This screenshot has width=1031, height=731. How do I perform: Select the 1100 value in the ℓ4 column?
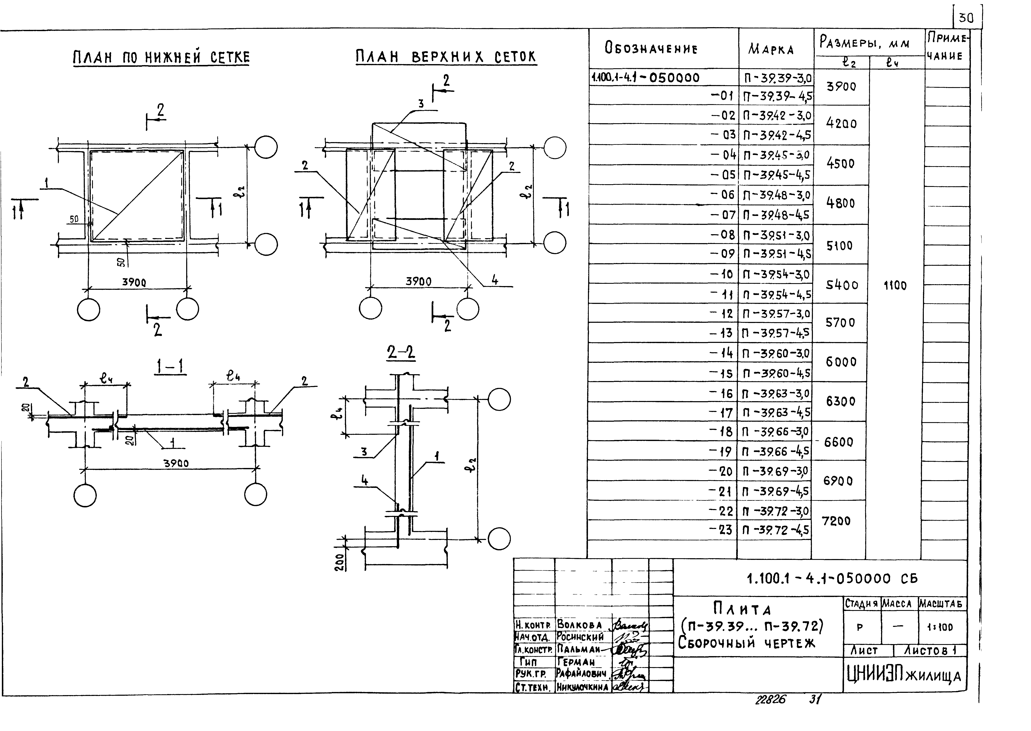pos(895,285)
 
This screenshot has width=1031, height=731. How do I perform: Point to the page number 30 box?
pos(966,18)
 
